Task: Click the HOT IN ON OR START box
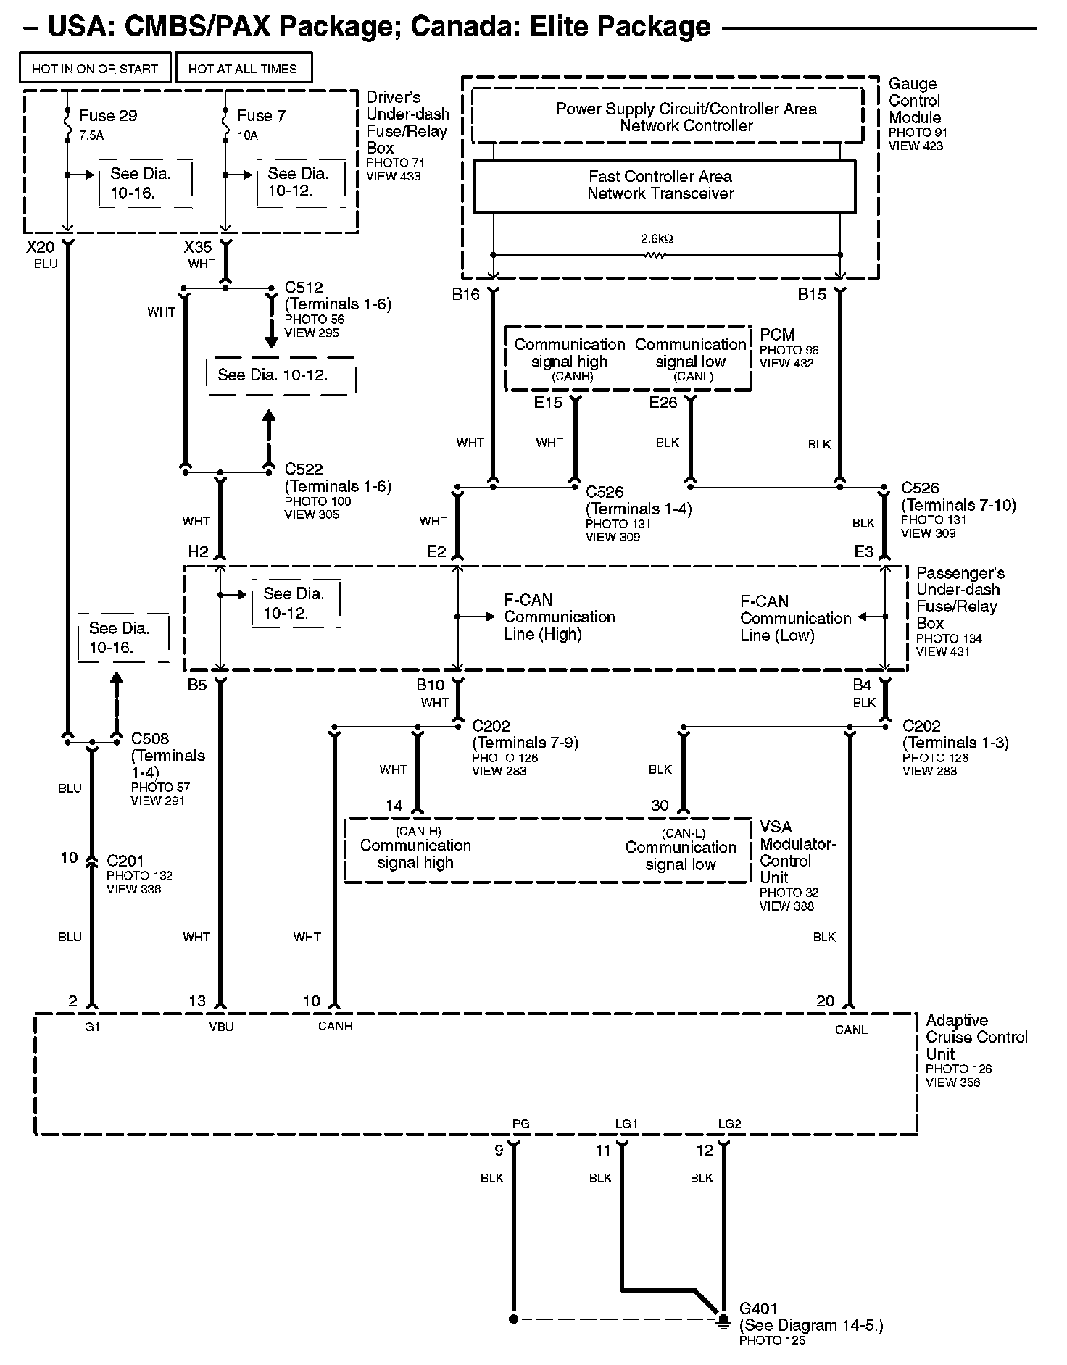tap(95, 69)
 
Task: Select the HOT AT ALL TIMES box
tap(243, 69)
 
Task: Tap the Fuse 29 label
tap(108, 115)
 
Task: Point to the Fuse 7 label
tap(261, 115)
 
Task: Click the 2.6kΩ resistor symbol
tap(657, 254)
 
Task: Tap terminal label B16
tap(466, 294)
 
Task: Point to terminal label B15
tap(812, 294)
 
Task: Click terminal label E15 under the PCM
tap(548, 402)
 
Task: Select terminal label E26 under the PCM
tap(663, 402)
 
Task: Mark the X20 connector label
tap(41, 247)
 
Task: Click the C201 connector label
tap(125, 861)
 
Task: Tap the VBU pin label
tap(221, 1027)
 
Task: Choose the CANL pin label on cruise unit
tap(851, 1030)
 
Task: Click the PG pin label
tap(520, 1124)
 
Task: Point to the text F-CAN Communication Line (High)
tap(559, 617)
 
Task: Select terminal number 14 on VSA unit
tap(394, 805)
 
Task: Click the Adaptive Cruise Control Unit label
tap(976, 1037)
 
